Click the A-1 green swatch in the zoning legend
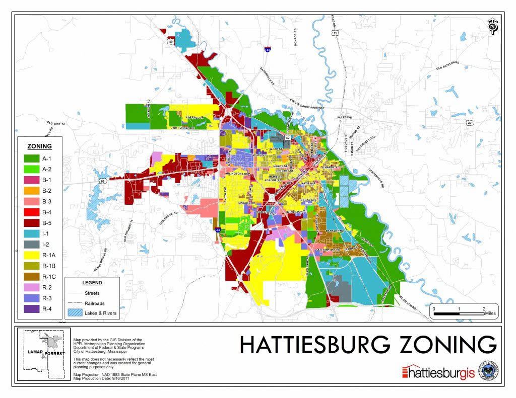point(32,158)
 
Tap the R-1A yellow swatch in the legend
point(32,255)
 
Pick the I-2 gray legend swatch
point(32,244)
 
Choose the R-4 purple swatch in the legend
point(32,308)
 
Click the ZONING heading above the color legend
point(39,146)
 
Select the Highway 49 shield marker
point(171,42)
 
